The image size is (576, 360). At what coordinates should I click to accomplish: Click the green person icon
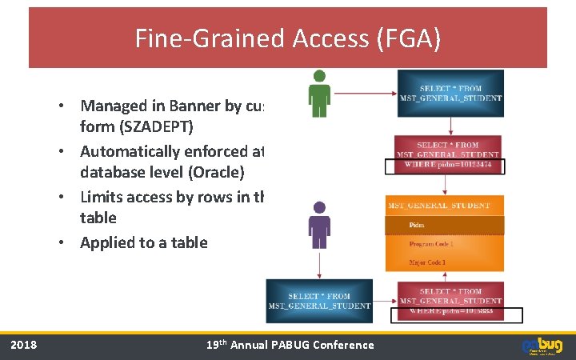(319, 93)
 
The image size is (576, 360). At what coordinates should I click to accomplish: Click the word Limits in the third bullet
(102, 198)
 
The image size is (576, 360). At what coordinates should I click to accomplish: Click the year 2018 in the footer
(23, 345)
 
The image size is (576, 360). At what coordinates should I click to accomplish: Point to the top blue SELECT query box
(450, 93)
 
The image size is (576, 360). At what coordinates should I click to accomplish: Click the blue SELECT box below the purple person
(319, 300)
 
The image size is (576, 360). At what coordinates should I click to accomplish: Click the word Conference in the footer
(346, 345)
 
